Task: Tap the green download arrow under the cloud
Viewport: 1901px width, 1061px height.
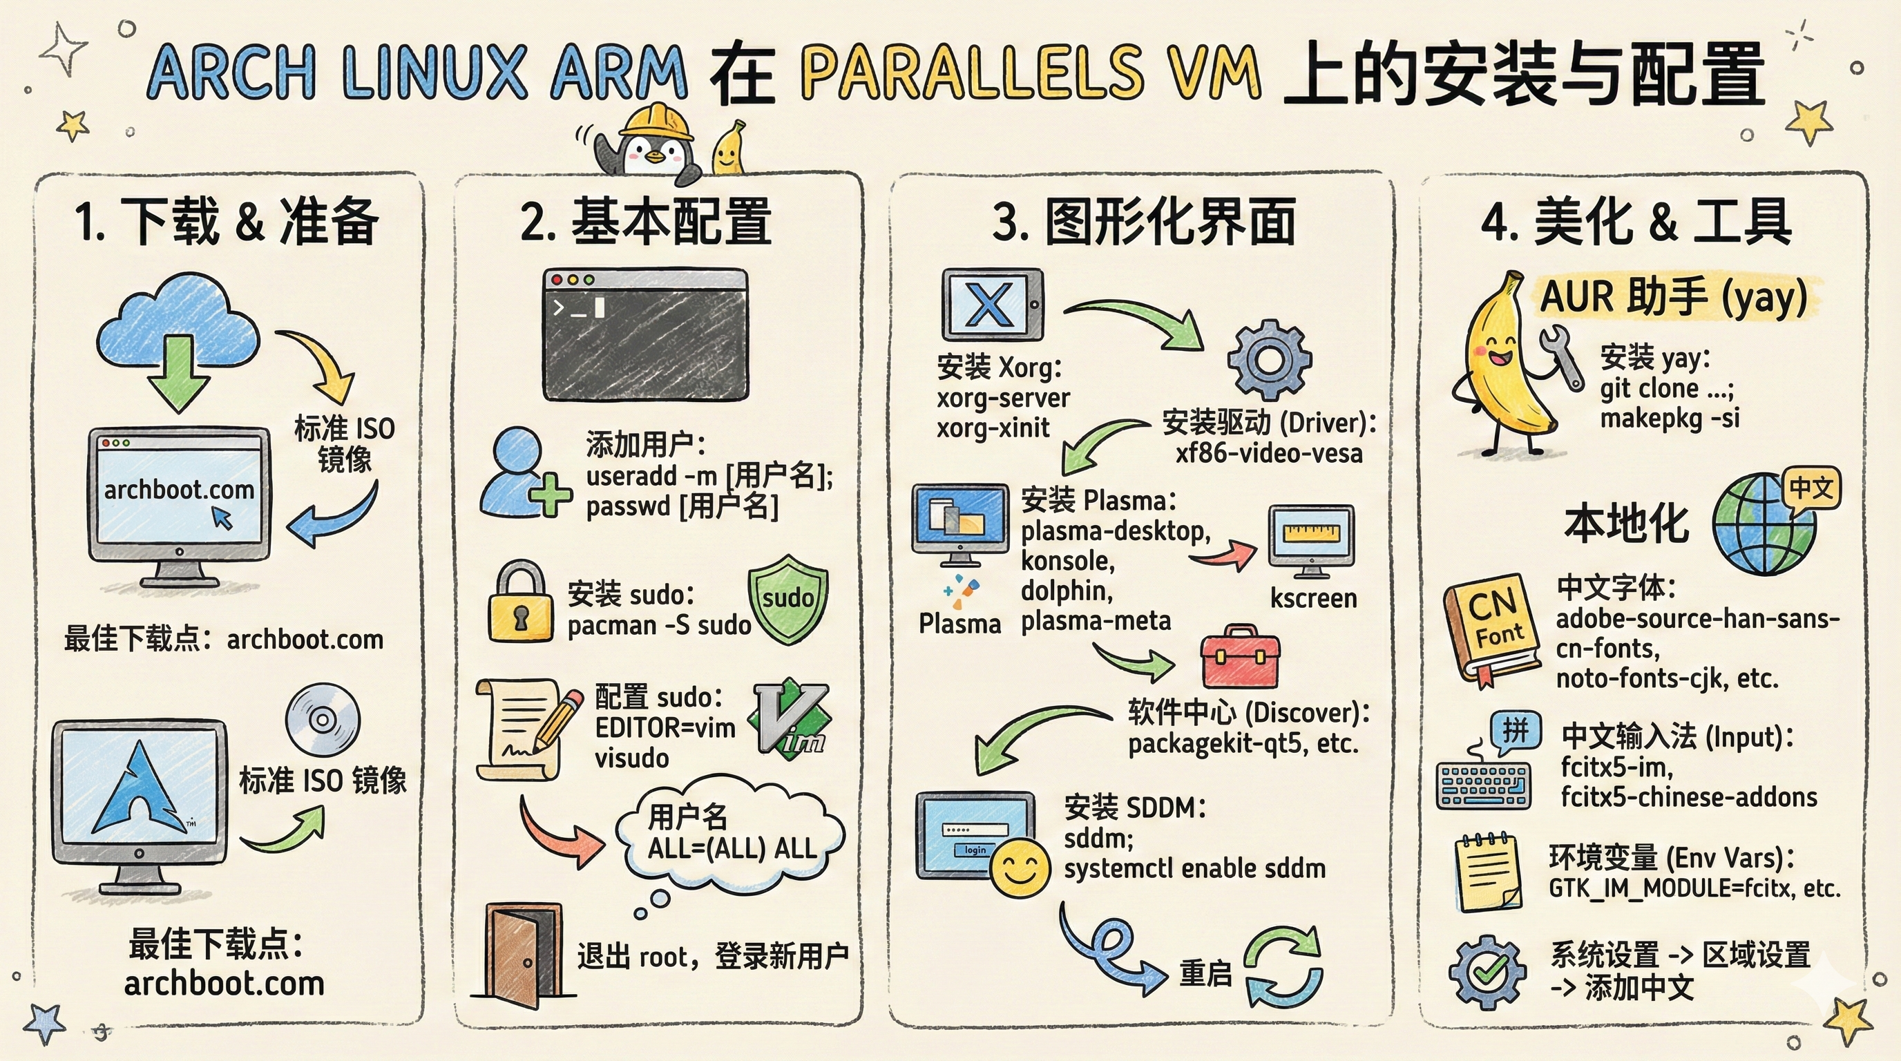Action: pyautogui.click(x=179, y=372)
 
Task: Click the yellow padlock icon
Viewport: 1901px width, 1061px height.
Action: pyautogui.click(x=521, y=603)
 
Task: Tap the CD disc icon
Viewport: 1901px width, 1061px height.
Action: pyautogui.click(x=323, y=718)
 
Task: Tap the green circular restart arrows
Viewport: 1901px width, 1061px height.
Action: pyautogui.click(x=1283, y=966)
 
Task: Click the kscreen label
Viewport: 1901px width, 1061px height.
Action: pyautogui.click(x=1313, y=598)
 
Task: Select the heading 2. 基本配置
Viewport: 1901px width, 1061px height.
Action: pyautogui.click(x=646, y=221)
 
